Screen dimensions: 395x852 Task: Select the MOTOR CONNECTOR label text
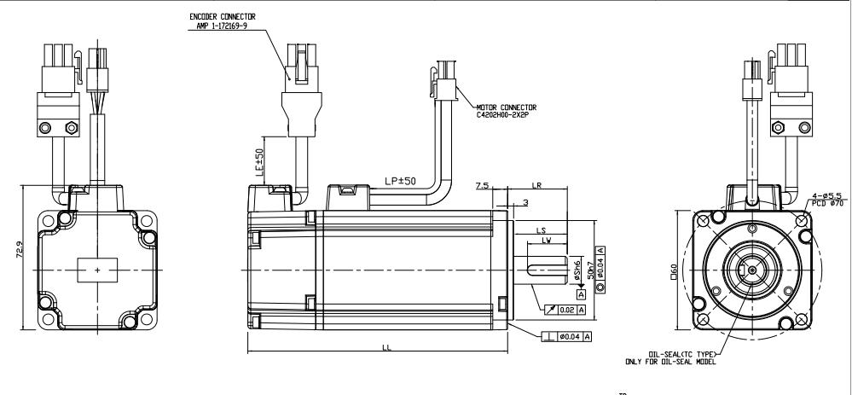click(x=490, y=107)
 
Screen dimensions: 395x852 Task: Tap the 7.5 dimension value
click(x=483, y=185)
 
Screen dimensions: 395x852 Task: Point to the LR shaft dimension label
click(x=537, y=185)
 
